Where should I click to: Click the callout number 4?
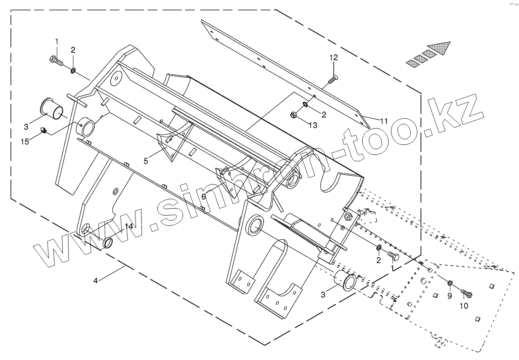coord(96,281)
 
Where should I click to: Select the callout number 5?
coord(146,161)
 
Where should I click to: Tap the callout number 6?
coord(203,197)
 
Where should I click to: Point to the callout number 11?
coord(383,121)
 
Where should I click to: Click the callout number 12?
coord(333,58)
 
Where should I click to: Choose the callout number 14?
coord(129,227)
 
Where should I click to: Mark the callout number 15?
coord(25,141)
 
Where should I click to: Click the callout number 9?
coord(449,296)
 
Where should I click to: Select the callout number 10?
coord(463,306)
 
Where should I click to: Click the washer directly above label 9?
coord(450,283)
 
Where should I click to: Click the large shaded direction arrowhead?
coord(438,49)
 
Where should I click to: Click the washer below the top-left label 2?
coord(74,70)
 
